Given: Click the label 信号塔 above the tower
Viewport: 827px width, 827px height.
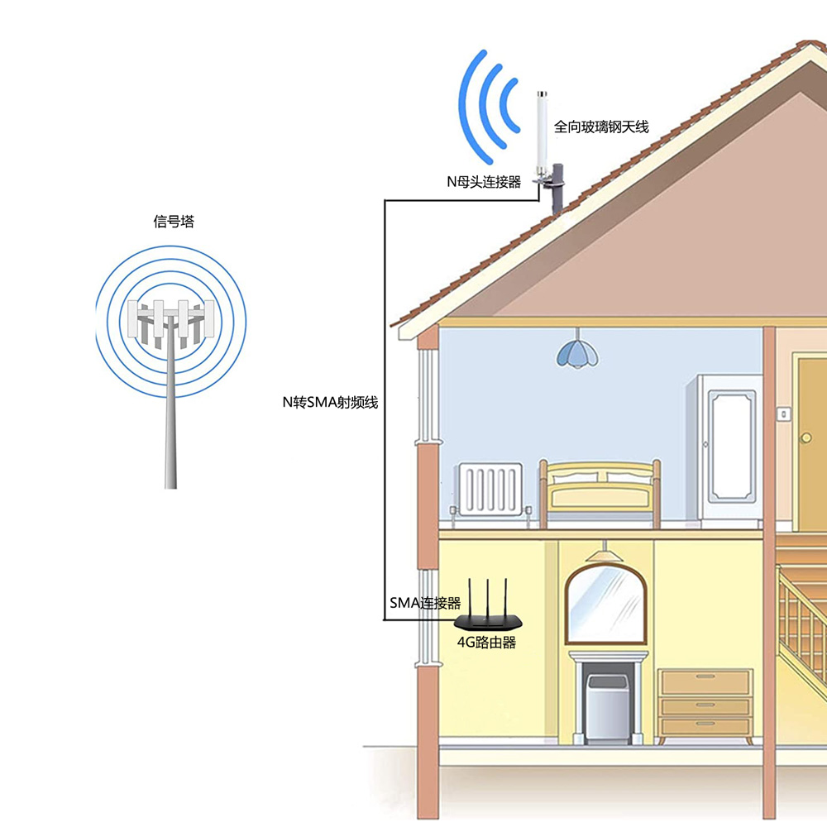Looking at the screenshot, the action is pyautogui.click(x=174, y=221).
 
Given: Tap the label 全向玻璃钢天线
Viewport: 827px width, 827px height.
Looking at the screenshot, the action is pyautogui.click(x=600, y=127).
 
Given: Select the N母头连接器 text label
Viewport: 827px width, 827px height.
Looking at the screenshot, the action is pyautogui.click(x=484, y=182).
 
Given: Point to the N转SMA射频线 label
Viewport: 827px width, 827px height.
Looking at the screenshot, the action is pyautogui.click(x=330, y=403).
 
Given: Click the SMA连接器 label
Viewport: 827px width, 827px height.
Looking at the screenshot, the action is pyautogui.click(x=425, y=603).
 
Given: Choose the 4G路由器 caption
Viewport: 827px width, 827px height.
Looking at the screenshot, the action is pyautogui.click(x=486, y=643).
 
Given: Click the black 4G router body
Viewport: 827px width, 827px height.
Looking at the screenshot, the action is pyautogui.click(x=488, y=623).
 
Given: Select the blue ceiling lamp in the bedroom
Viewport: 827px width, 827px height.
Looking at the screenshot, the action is pyautogui.click(x=577, y=353).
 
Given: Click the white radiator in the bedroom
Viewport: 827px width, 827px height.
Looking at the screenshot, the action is pyautogui.click(x=490, y=489).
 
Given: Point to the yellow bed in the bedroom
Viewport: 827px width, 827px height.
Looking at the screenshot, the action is pyautogui.click(x=600, y=493).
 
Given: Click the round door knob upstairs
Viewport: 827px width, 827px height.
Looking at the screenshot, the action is pyautogui.click(x=805, y=437).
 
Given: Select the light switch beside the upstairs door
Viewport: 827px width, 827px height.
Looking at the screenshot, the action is pyautogui.click(x=784, y=414).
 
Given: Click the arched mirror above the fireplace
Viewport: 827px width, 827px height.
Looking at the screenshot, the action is pyautogui.click(x=606, y=605).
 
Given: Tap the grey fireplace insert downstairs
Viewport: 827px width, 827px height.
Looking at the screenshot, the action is pyautogui.click(x=608, y=707).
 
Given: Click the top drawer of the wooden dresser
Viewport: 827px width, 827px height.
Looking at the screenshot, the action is pyautogui.click(x=705, y=681).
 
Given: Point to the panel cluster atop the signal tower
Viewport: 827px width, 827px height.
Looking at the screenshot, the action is pyautogui.click(x=171, y=323).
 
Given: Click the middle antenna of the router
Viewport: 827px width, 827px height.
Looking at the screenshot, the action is pyautogui.click(x=488, y=600).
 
